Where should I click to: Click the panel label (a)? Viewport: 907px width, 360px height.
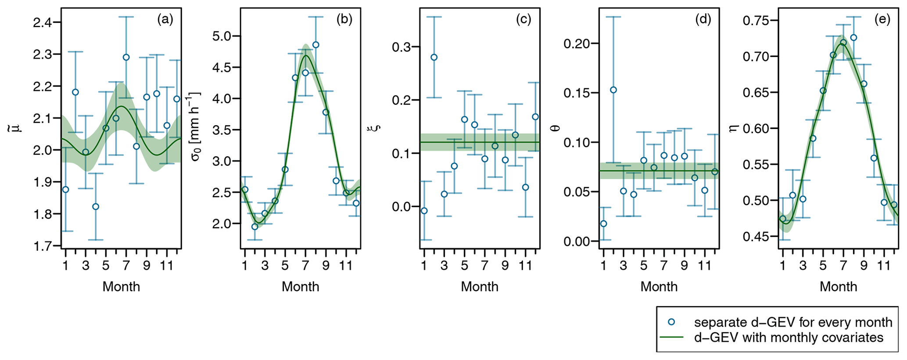pos(165,19)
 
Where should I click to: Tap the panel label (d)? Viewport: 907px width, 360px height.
pos(703,19)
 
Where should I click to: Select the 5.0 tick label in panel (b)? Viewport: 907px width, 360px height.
pos(224,36)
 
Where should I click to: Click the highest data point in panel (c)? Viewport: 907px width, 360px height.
pos(434,58)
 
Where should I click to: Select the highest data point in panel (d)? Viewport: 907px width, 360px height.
pos(613,90)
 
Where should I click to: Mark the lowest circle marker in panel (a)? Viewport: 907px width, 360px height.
pos(96,207)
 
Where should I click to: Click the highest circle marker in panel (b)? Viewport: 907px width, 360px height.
pos(315,45)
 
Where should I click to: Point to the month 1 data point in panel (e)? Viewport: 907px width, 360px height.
pos(783,219)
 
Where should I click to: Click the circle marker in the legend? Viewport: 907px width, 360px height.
pos(671,322)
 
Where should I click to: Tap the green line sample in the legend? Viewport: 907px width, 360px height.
pos(671,338)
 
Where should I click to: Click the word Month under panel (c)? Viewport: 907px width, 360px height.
pos(480,287)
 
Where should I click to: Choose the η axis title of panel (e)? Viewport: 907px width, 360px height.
pos(732,128)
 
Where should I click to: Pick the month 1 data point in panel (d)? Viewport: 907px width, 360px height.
pos(603,223)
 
